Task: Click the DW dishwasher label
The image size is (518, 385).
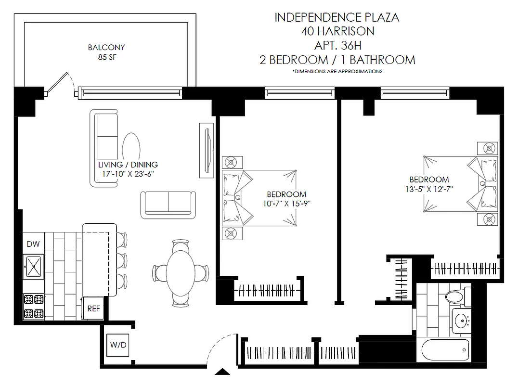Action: [x=33, y=244]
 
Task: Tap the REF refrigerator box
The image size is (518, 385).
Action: [x=93, y=308]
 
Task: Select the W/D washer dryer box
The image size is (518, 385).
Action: [x=118, y=345]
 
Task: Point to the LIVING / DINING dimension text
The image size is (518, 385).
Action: [x=128, y=174]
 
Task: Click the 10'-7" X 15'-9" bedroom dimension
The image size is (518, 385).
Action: [x=286, y=203]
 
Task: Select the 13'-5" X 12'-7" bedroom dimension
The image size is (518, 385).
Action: [x=428, y=188]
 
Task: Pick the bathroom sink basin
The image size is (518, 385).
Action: [x=462, y=320]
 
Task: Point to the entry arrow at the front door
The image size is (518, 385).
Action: [x=222, y=372]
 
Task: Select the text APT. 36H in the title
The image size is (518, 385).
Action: [x=337, y=46]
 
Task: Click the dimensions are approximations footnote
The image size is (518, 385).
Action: [x=337, y=71]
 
